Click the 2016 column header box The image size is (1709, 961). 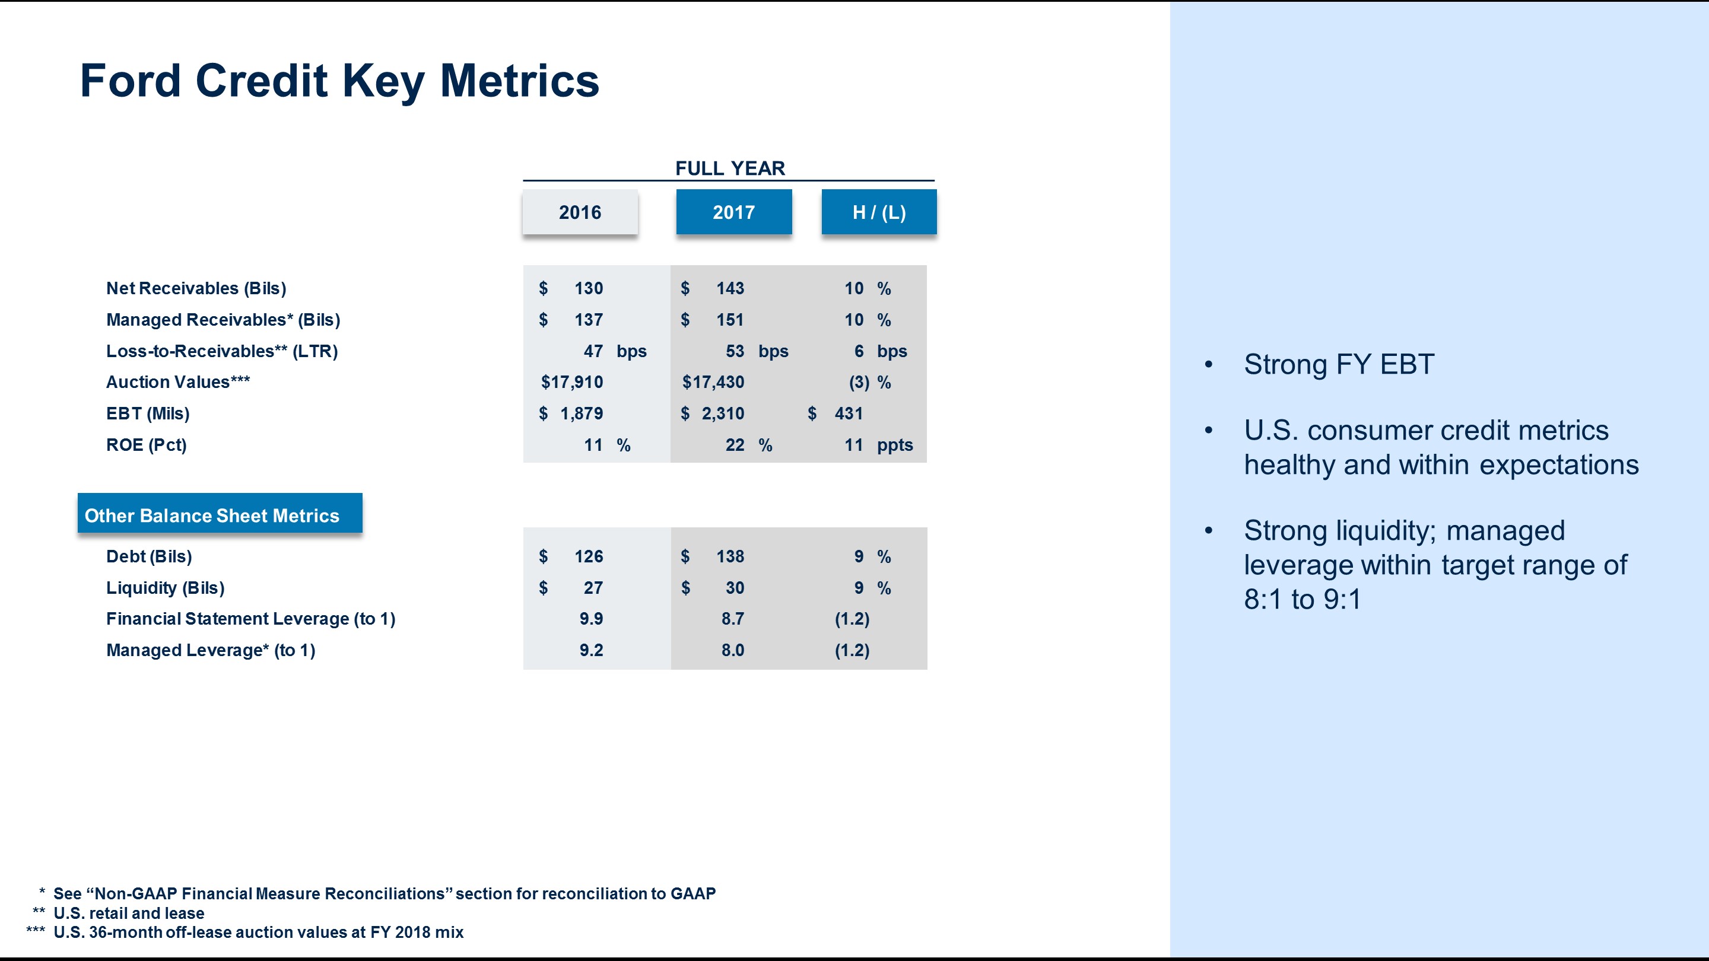[580, 212]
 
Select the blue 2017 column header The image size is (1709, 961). [734, 212]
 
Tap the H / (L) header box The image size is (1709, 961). [879, 212]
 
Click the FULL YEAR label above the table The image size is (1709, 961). [730, 168]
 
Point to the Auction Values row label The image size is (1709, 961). [178, 382]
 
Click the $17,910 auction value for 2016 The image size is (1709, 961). [572, 382]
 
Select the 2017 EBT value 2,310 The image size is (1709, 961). [723, 414]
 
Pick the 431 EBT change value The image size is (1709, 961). [849, 414]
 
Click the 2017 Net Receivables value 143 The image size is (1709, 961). [730, 288]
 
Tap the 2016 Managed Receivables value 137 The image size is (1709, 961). [589, 320]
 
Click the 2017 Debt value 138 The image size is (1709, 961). [730, 556]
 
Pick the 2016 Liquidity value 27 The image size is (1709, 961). [593, 588]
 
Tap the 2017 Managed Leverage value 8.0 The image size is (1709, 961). [732, 650]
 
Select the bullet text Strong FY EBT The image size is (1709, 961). [1339, 364]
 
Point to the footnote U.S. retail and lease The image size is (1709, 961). [129, 914]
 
